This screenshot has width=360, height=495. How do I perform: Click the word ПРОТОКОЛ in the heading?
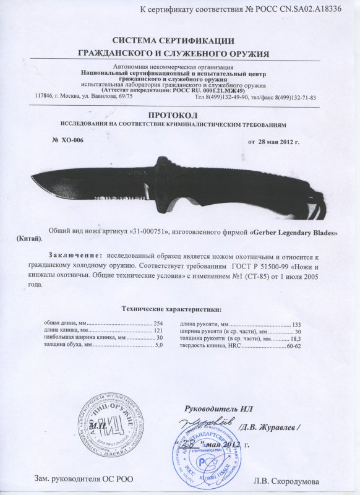pos(180,115)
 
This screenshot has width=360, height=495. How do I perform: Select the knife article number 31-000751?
pos(151,230)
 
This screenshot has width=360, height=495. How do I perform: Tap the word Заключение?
pos(74,256)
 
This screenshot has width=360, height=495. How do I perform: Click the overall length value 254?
pos(157,324)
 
